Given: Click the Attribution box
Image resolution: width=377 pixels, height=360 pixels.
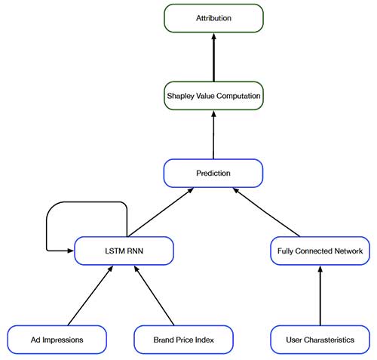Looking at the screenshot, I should click(213, 18).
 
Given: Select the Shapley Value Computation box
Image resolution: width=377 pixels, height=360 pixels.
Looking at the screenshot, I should click(213, 96).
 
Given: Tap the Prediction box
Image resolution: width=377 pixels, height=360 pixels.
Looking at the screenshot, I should click(213, 173).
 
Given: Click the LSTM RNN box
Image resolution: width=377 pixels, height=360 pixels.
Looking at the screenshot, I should click(124, 251).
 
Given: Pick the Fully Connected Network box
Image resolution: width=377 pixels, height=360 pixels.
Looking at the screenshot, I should click(320, 251).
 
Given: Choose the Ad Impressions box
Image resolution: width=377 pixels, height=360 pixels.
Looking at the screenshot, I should click(56, 340).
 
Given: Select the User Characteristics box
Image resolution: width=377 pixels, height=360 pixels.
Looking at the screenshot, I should click(320, 340).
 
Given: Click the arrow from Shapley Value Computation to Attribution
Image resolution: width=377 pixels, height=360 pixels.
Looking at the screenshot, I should click(213, 57).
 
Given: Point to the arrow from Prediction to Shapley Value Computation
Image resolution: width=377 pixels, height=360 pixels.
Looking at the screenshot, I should click(213, 134).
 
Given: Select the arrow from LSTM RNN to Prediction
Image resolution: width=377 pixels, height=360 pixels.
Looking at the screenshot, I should click(160, 213).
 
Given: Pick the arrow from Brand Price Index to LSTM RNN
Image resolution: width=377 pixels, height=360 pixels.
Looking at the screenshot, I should click(155, 294).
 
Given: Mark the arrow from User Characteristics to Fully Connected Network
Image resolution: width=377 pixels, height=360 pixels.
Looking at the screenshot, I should click(320, 294).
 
